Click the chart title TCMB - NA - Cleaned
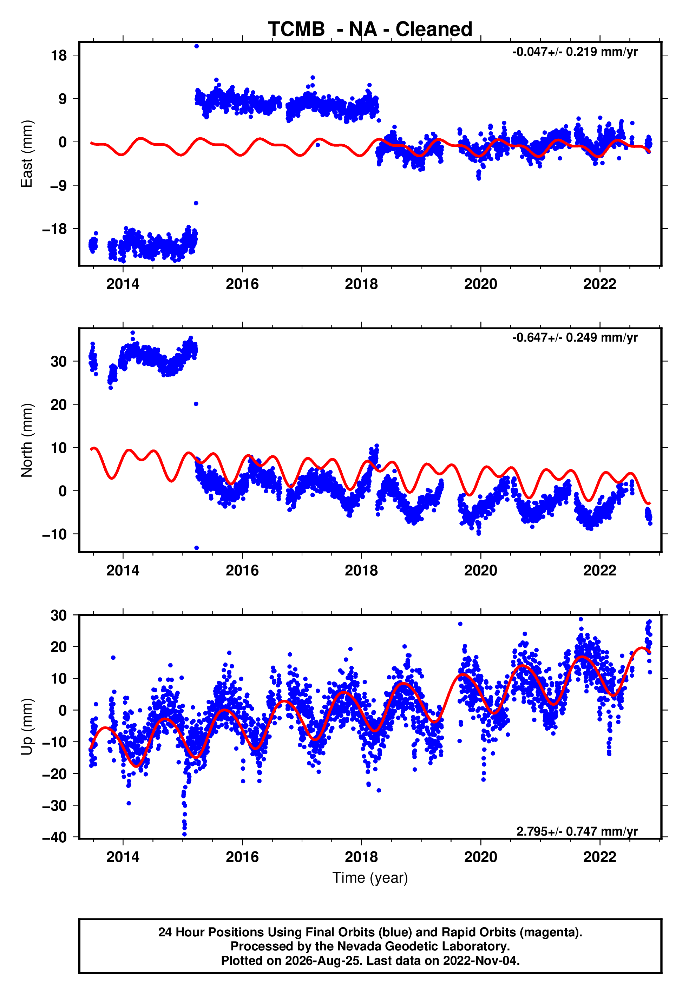[370, 29]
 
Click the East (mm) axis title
[27, 154]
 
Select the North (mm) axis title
[27, 440]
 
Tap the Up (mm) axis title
[27, 727]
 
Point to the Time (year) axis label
[370, 878]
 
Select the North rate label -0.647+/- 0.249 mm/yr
[575, 337]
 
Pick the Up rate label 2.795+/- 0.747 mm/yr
[577, 831]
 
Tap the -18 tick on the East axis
[54, 229]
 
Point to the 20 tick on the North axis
[59, 405]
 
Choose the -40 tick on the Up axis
[54, 837]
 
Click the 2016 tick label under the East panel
[242, 284]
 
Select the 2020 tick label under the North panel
[480, 571]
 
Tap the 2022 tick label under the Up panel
[600, 857]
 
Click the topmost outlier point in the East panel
[196, 46]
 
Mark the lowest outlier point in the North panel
[196, 548]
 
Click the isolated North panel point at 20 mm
[196, 404]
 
